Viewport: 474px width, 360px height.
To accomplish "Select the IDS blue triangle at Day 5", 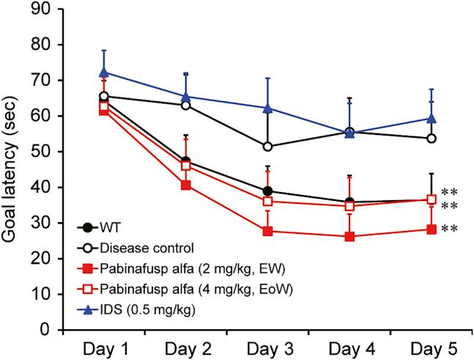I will [x=432, y=118].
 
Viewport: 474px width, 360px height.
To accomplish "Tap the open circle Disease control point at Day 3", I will [x=268, y=147].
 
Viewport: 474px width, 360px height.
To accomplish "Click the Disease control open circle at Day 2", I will [x=186, y=105].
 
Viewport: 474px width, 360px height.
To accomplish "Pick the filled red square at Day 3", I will [x=268, y=231].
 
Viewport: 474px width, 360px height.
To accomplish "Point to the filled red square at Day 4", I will [x=349, y=236].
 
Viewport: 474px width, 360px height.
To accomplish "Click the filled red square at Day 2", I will [x=186, y=185].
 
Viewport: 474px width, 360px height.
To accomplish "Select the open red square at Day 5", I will [x=432, y=199].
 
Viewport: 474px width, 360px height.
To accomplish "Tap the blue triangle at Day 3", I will [x=268, y=109].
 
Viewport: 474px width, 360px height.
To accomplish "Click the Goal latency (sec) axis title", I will [x=12, y=169].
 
